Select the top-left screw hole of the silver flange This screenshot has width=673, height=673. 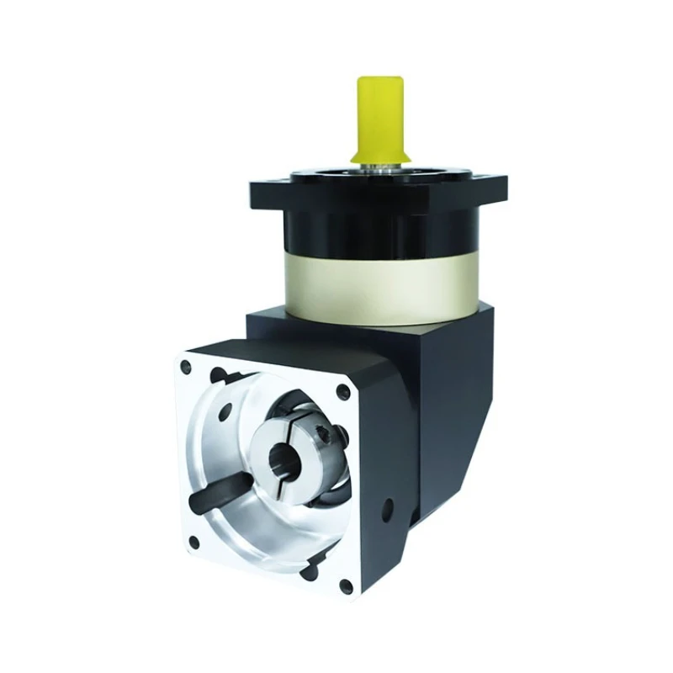click(x=185, y=365)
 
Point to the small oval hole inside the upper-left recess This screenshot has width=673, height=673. click(x=225, y=412)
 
